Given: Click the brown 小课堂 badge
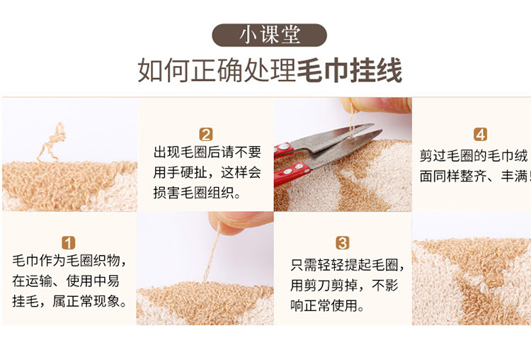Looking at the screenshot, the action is tap(269, 35).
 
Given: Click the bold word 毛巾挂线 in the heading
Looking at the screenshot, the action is tap(350, 70).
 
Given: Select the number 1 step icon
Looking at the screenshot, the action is tap(68, 242).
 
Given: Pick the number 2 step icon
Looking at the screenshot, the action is tap(206, 134).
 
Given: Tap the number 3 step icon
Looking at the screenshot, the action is tap(342, 242).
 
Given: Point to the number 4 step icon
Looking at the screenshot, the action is tap(481, 134).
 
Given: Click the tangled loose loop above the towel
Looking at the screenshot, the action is tap(52, 142).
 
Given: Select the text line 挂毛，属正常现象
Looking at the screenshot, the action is tap(69, 301).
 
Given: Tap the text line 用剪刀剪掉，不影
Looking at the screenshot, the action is tap(344, 286).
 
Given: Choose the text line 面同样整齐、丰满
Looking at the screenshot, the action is tap(474, 176).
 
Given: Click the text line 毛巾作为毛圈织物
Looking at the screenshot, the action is tap(69, 260).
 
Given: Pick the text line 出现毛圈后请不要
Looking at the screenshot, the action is tap(207, 152).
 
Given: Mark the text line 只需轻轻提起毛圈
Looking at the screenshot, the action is tap(347, 265).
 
